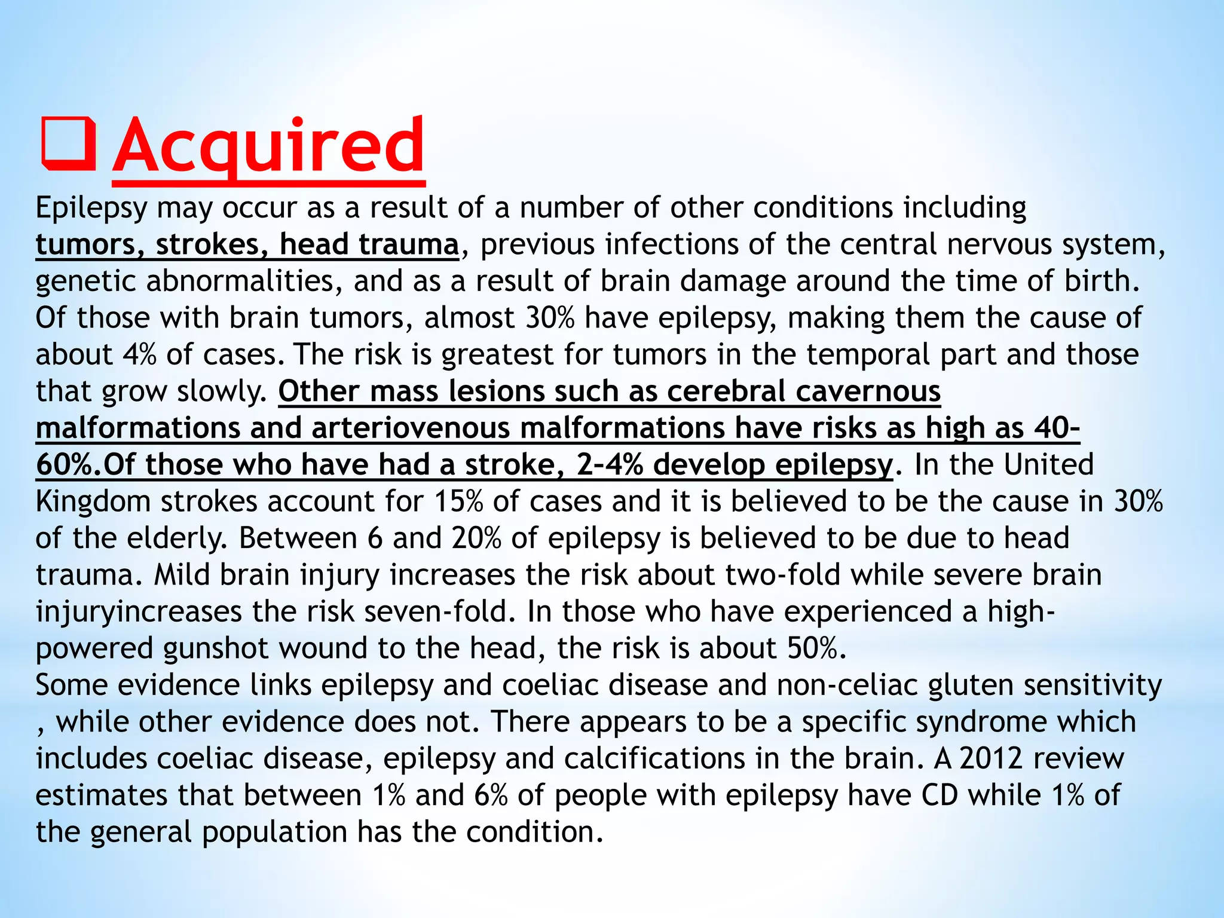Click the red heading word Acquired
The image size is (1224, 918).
point(268,146)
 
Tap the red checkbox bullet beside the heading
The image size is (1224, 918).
point(68,145)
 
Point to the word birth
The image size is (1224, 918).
point(1101,281)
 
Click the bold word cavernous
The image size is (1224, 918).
point(868,391)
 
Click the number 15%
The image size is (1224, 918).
point(458,501)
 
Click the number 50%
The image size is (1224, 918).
point(812,648)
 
